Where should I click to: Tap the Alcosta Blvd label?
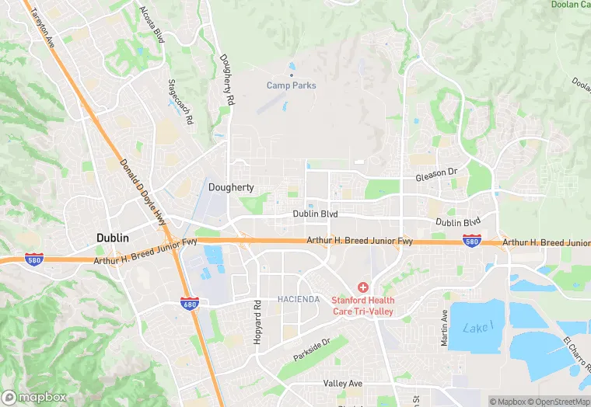point(152,24)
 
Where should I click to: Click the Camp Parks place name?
point(292,85)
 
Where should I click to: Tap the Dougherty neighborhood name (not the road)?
point(231,187)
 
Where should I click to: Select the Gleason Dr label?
point(439,177)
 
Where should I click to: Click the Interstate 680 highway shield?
point(189,302)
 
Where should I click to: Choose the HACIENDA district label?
point(299,299)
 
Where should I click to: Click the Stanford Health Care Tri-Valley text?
point(363,306)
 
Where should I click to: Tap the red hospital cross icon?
point(363,287)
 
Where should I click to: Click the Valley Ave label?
point(343,384)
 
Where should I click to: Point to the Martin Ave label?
point(444,329)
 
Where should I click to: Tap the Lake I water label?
point(477,328)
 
